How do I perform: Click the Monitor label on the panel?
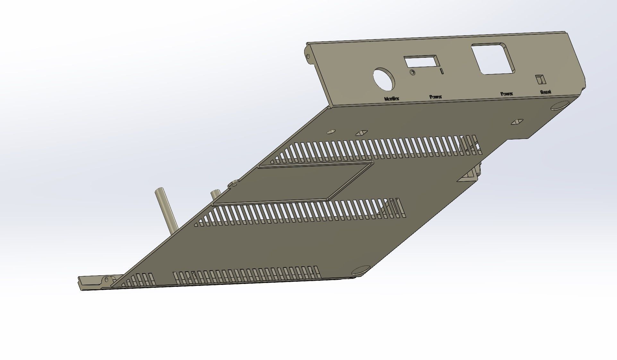pyautogui.click(x=391, y=99)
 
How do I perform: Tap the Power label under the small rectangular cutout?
pyautogui.click(x=435, y=97)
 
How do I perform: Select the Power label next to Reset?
pyautogui.click(x=507, y=94)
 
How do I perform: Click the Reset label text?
pyautogui.click(x=545, y=92)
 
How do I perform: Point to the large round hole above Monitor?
pyautogui.click(x=384, y=79)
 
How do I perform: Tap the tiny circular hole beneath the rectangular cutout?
pyautogui.click(x=412, y=73)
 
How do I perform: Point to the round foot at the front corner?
pyautogui.click(x=361, y=270)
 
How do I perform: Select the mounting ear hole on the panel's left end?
pyautogui.click(x=309, y=56)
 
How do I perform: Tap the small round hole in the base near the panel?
pyautogui.click(x=331, y=132)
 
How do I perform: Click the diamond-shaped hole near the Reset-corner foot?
pyautogui.click(x=517, y=122)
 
